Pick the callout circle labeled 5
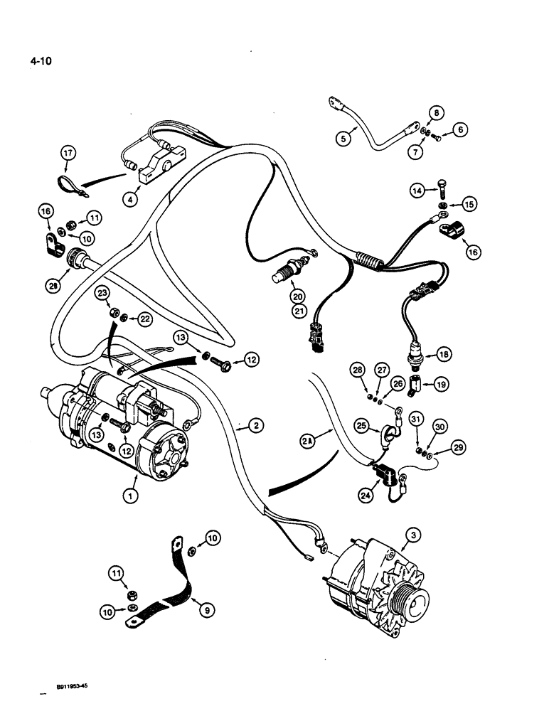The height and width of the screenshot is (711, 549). click(343, 139)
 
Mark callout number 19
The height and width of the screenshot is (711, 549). click(441, 385)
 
